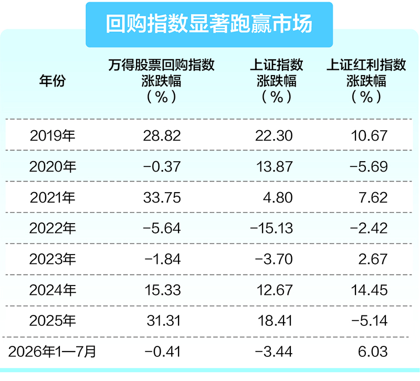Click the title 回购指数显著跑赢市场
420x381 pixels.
coord(209,24)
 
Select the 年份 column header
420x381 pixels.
coord(52,81)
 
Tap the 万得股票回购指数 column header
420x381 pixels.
coord(162,81)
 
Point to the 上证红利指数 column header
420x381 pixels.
coord(366,81)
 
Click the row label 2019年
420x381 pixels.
coord(52,135)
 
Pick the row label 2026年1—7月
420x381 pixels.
coord(52,352)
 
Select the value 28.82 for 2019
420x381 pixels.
coord(162,136)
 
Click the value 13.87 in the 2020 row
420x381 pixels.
coord(274,167)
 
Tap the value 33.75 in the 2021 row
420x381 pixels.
coord(162,198)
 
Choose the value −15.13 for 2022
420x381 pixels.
coord(271,229)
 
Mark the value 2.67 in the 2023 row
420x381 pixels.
coord(373,259)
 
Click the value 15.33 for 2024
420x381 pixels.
coord(163,290)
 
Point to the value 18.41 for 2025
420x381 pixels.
coord(275,321)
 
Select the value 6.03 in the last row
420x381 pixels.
coord(373,352)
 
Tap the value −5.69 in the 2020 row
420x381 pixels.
coord(369,167)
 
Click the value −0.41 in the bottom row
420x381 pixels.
coord(162,352)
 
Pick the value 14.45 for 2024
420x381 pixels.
coord(369,290)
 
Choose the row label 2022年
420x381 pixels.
coord(52,228)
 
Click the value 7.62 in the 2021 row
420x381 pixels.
coord(373,198)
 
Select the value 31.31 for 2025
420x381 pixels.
coord(164,321)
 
